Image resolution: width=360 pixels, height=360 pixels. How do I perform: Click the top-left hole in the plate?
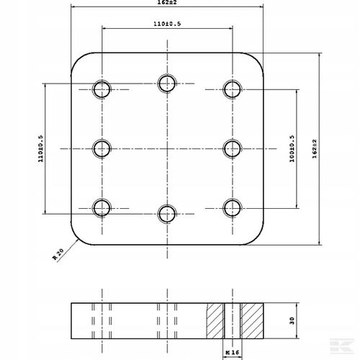tap(102, 89)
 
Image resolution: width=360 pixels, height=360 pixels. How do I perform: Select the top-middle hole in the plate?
tap(167, 84)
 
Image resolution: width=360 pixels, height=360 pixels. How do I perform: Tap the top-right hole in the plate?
tap(233, 89)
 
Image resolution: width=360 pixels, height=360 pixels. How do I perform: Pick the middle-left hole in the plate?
tap(102, 149)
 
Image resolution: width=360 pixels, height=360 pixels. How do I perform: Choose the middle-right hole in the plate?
tap(233, 149)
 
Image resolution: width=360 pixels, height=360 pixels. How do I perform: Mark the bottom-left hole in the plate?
tap(102, 208)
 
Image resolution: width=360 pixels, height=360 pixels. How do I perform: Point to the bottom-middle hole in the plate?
tap(167, 214)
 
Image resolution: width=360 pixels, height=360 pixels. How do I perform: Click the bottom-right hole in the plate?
tap(233, 208)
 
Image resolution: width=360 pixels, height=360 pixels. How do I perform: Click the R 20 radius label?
tap(58, 254)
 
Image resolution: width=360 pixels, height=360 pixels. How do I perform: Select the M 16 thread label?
tap(233, 352)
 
